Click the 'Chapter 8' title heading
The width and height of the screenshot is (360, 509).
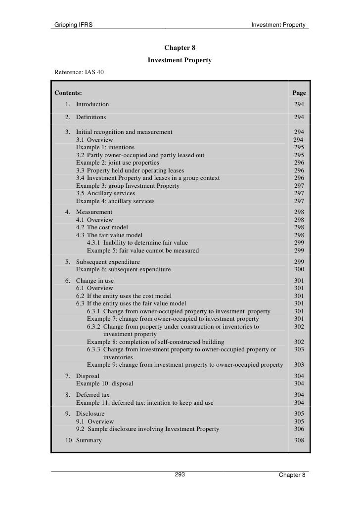180,48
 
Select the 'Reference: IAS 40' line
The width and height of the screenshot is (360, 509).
79,72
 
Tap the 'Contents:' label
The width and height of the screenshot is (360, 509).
68,92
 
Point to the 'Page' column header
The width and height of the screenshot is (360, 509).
299,92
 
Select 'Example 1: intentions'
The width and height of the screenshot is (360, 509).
105,147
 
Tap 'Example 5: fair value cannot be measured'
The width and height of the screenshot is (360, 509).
143,251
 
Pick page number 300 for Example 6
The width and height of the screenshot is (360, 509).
299,269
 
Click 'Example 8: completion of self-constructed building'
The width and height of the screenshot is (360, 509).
155,341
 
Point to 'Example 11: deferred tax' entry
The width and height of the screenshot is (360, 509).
144,403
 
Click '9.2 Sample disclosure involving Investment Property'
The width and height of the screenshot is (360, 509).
147,429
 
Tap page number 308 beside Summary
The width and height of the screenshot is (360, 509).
299,440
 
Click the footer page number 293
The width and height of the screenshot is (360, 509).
180,474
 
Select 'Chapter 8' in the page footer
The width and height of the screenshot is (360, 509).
292,475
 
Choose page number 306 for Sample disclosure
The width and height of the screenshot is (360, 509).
299,429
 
